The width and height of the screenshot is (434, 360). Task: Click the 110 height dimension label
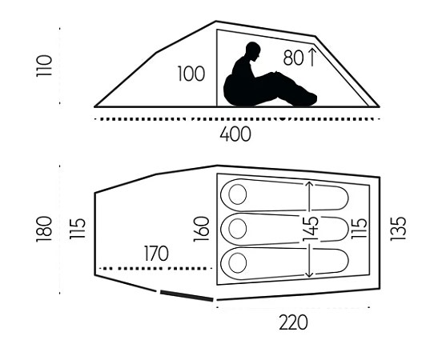[x=44, y=66]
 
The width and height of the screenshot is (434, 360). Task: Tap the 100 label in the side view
[x=191, y=74]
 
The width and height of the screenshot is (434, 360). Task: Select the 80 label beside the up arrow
[x=293, y=58]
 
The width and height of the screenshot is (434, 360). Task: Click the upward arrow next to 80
[x=312, y=58]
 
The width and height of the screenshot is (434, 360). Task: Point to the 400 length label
[x=235, y=134]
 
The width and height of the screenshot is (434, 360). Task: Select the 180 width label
[x=44, y=229]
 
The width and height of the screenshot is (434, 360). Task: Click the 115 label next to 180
[x=78, y=229]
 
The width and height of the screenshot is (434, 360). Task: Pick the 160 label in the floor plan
[x=201, y=230]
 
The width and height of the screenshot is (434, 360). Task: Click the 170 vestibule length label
[x=156, y=254]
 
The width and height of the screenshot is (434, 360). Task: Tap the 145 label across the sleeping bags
[x=311, y=229]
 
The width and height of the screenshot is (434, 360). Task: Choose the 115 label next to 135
[x=359, y=228]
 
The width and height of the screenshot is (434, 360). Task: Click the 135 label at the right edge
[x=398, y=229]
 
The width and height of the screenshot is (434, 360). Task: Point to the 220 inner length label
[x=293, y=322]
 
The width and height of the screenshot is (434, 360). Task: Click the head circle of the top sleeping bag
[x=238, y=194]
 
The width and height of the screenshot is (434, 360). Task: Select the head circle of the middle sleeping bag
[x=238, y=229]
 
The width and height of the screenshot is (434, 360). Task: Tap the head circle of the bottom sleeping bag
[x=238, y=263]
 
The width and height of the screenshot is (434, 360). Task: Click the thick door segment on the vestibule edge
[x=187, y=296]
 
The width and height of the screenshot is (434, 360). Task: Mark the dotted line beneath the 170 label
[x=156, y=268]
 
